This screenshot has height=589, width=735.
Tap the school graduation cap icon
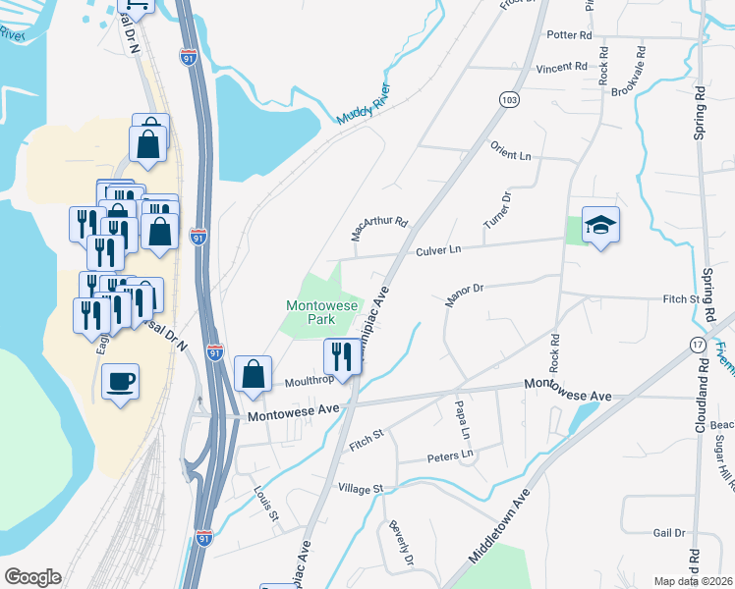[597, 226]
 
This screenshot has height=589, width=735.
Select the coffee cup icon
[121, 381]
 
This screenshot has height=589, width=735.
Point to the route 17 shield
[698, 345]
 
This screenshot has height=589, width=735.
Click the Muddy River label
[364, 104]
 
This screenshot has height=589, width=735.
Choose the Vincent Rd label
[561, 68]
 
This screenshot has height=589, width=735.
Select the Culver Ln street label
[438, 251]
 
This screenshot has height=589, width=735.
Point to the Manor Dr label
[466, 291]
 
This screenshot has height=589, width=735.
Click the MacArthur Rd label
[379, 229]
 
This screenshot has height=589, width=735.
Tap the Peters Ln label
[450, 456]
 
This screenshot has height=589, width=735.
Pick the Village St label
[360, 488]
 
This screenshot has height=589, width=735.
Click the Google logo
[33, 577]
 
